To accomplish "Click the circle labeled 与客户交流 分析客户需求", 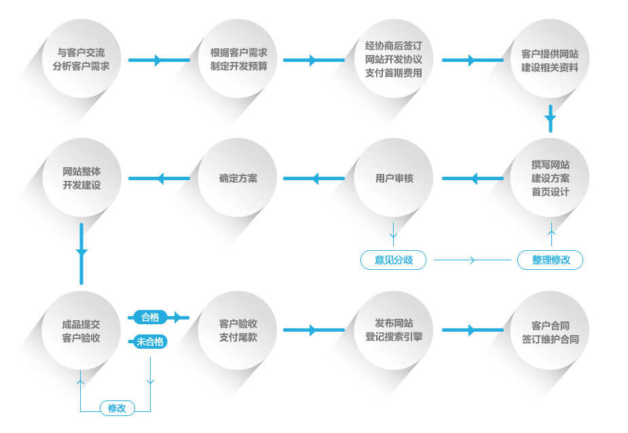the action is (81, 60).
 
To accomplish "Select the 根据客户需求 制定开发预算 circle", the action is (238, 60).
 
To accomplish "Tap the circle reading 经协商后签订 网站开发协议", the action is (394, 60).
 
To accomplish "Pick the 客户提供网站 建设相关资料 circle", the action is (550, 60).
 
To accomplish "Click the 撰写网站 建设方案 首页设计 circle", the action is (550, 178).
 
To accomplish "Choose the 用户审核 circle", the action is (394, 178).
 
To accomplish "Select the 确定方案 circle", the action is (238, 178).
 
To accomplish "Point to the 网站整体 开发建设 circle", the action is (81, 178).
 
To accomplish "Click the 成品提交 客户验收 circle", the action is (81, 330).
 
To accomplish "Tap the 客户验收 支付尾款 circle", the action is (238, 330).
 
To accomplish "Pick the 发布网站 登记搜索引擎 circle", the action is (394, 330).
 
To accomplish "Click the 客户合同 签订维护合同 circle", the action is (550, 332).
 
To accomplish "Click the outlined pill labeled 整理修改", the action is (551, 260).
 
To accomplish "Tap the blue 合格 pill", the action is (150, 317).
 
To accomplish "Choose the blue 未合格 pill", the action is (150, 342).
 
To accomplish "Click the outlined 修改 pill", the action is (117, 408).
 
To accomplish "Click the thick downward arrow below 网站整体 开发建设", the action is (81, 253).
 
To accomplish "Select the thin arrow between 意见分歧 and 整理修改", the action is (472, 260).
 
